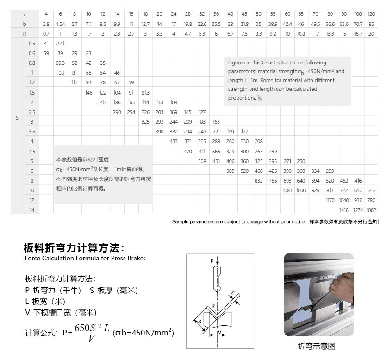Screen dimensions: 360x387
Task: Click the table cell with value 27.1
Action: click(x=60, y=43)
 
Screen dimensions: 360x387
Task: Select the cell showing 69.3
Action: click(x=60, y=63)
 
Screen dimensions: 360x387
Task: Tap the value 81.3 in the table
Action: click(x=145, y=92)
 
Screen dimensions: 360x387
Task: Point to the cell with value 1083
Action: click(x=287, y=190)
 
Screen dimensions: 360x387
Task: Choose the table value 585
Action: click(x=231, y=171)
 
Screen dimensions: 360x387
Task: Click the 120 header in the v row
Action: click(x=372, y=14)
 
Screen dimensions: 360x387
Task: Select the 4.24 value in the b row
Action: click(x=60, y=24)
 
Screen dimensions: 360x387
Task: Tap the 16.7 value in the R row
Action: click(x=358, y=34)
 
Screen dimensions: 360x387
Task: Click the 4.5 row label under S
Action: click(x=32, y=151)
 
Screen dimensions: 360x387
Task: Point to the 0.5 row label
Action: click(x=32, y=43)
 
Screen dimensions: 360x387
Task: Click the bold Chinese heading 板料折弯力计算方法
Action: click(x=74, y=247)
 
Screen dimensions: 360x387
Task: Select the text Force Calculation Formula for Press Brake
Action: click(x=85, y=258)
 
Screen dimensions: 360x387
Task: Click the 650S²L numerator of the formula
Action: click(x=92, y=328)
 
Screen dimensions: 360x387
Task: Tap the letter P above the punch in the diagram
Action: click(x=212, y=261)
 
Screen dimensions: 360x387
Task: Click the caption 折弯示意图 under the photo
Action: click(x=317, y=346)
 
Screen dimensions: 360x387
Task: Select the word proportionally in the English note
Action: click(x=245, y=98)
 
